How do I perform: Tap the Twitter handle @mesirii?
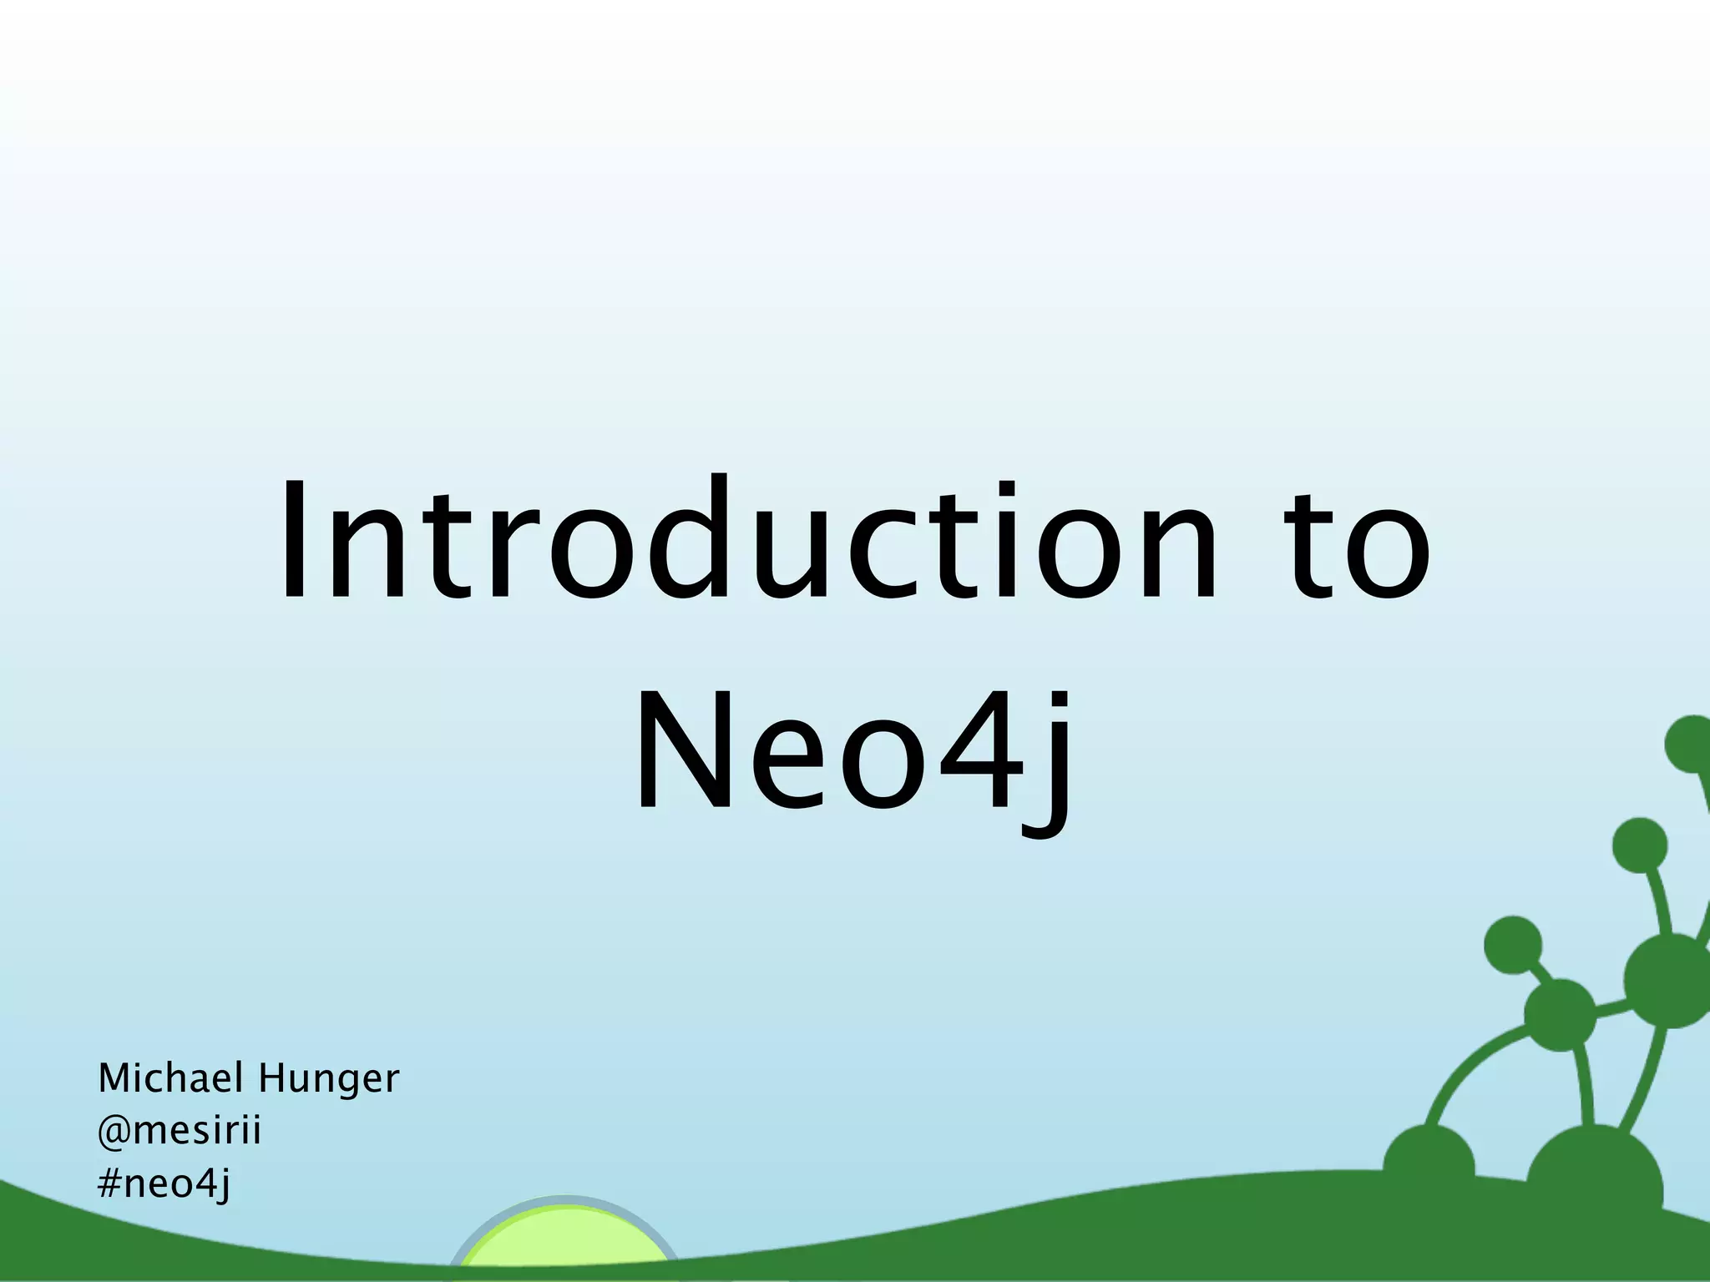pos(180,1131)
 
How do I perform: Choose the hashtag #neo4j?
pos(164,1184)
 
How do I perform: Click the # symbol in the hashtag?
pos(109,1183)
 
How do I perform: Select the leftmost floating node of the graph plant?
pos(1512,945)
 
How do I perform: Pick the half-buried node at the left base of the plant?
pos(1428,1164)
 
